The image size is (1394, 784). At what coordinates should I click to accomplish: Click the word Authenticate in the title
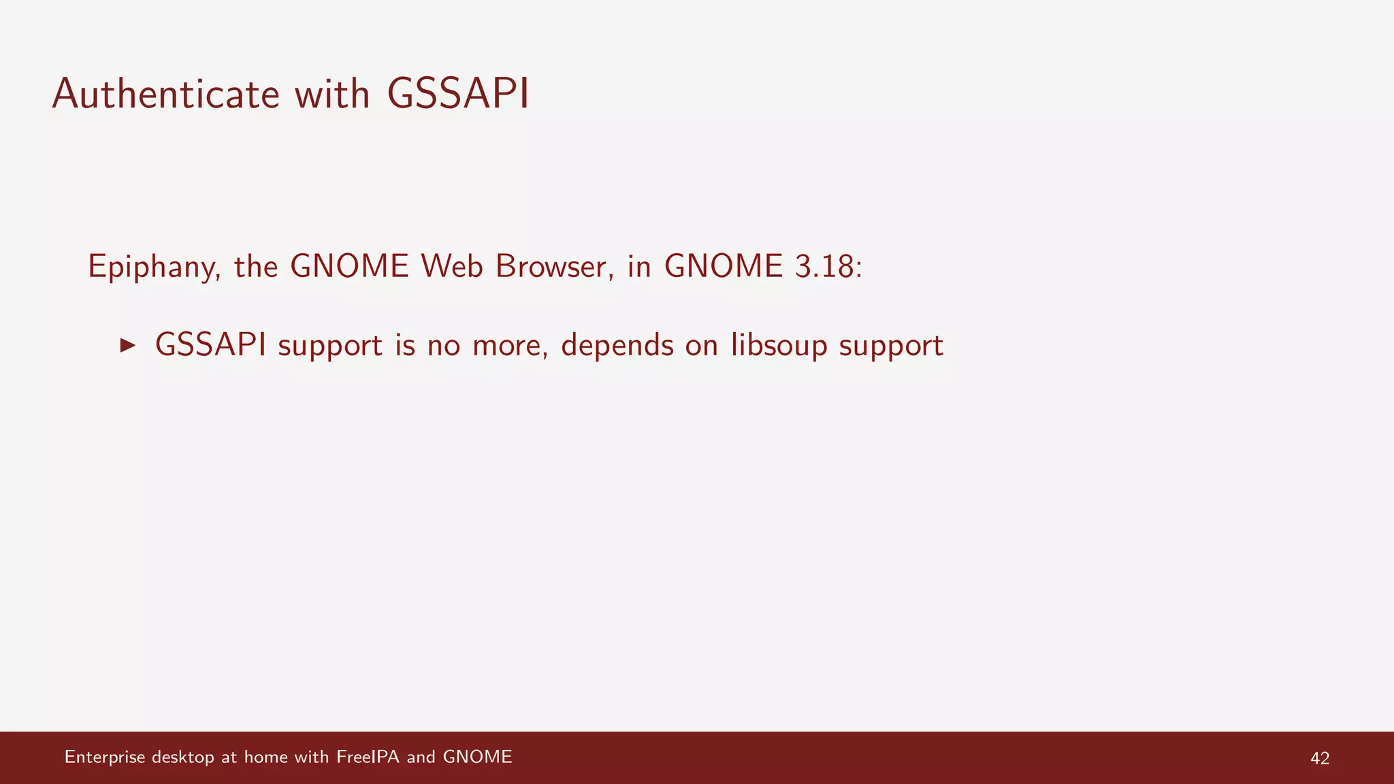pos(165,94)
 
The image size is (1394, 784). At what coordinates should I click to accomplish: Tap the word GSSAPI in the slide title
pos(458,94)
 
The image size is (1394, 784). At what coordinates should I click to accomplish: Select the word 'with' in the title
pos(332,94)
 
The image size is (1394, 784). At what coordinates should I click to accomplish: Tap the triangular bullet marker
pos(127,345)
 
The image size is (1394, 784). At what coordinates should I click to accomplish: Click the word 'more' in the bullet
pos(510,346)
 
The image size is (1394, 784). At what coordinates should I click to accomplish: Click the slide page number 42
pos(1319,758)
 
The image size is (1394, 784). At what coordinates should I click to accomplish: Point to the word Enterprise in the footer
pos(105,757)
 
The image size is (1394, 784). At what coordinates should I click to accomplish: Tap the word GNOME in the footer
pos(477,757)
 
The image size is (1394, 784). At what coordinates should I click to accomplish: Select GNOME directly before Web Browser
pos(349,265)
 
